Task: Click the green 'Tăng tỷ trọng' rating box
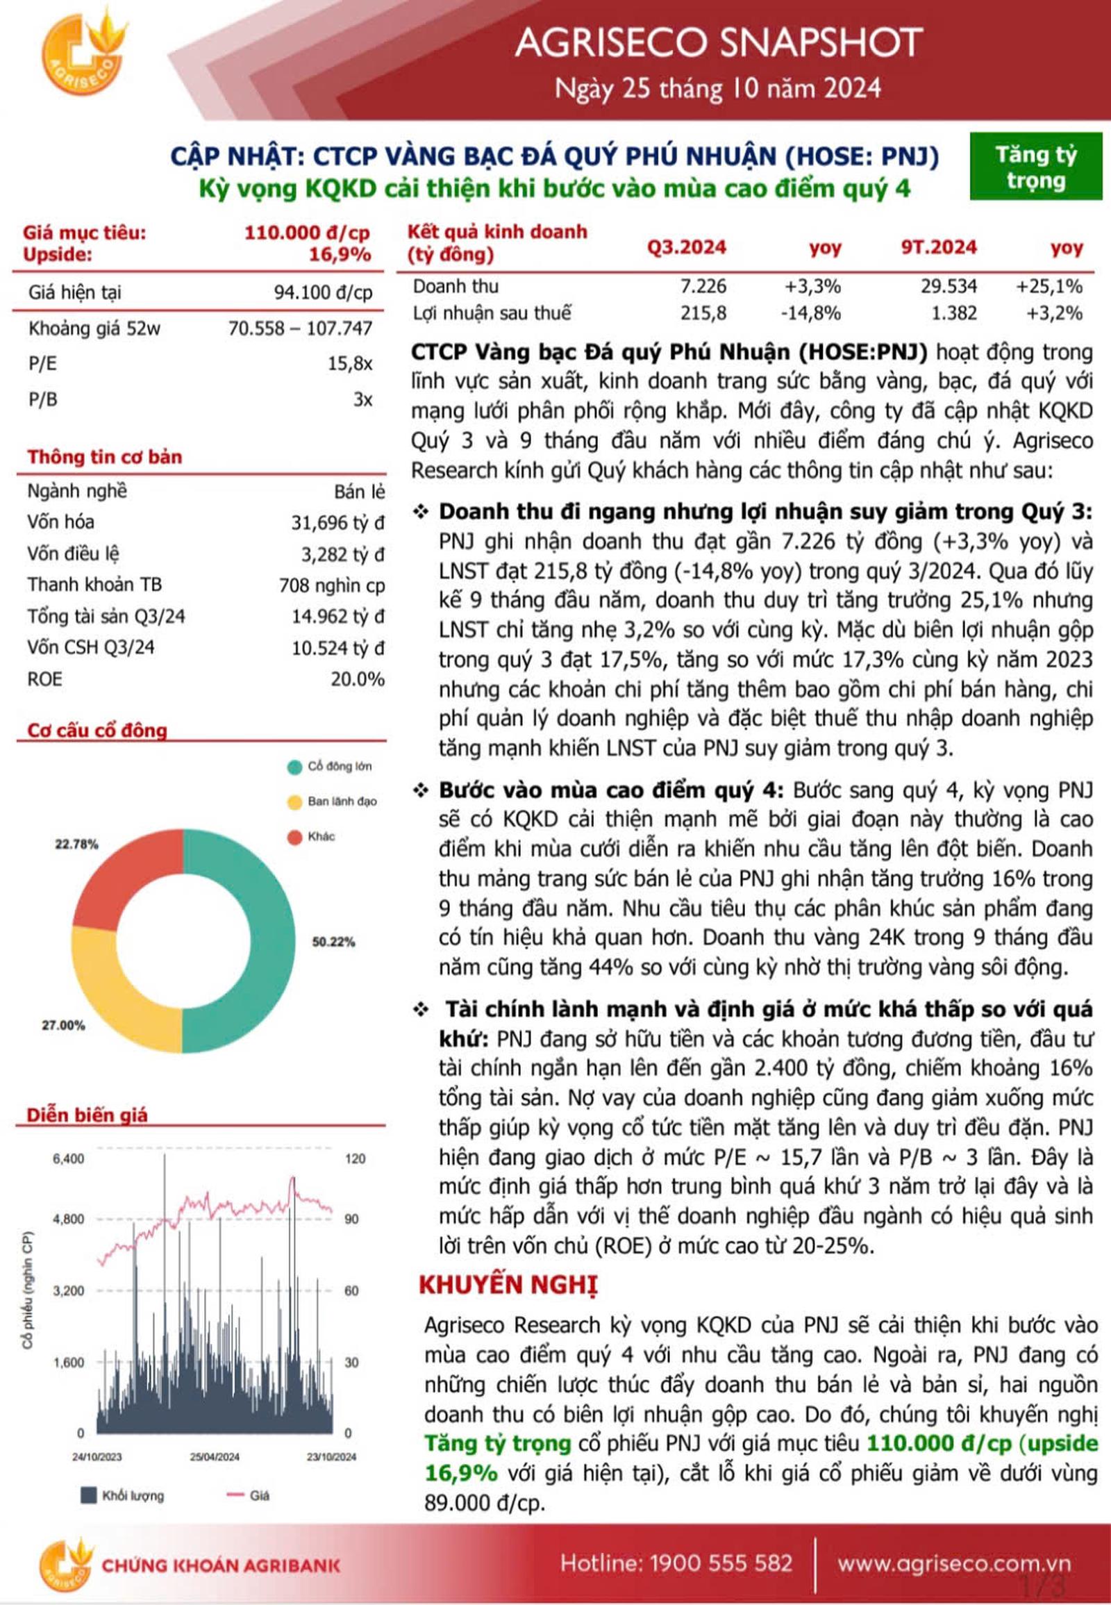[1035, 167]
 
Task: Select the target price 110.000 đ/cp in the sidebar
[306, 233]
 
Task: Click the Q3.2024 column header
[685, 247]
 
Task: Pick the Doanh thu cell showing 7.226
[703, 286]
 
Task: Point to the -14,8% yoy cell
[810, 313]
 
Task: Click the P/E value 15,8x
[349, 363]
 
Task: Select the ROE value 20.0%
[357, 679]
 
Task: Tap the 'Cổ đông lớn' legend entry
[330, 767]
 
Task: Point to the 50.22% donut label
[333, 942]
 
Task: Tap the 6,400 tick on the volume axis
[68, 1158]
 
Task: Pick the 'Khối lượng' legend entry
[122, 1496]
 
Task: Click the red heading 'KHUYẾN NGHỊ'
[508, 1285]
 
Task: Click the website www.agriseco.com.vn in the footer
[953, 1564]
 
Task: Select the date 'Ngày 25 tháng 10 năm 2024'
[718, 88]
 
